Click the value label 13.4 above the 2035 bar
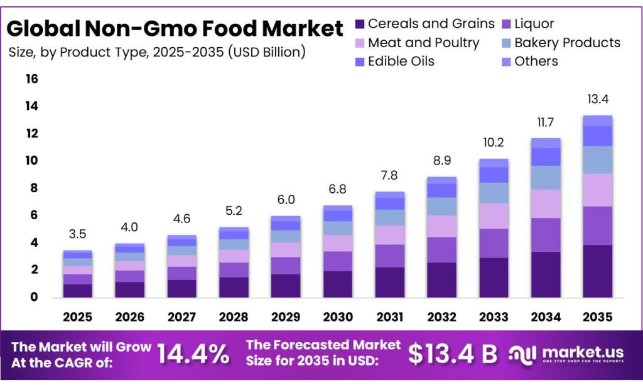[x=597, y=99]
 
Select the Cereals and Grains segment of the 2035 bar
[x=597, y=271]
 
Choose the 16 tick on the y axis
[x=31, y=79]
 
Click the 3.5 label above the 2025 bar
[x=78, y=234]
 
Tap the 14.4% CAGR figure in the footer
[x=193, y=354]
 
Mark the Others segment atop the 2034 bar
[x=545, y=143]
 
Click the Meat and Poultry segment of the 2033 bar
[x=493, y=215]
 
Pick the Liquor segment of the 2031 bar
[x=389, y=256]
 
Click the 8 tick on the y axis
[x=31, y=188]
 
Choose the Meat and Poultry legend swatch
[x=360, y=43]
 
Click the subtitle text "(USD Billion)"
[x=267, y=52]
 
